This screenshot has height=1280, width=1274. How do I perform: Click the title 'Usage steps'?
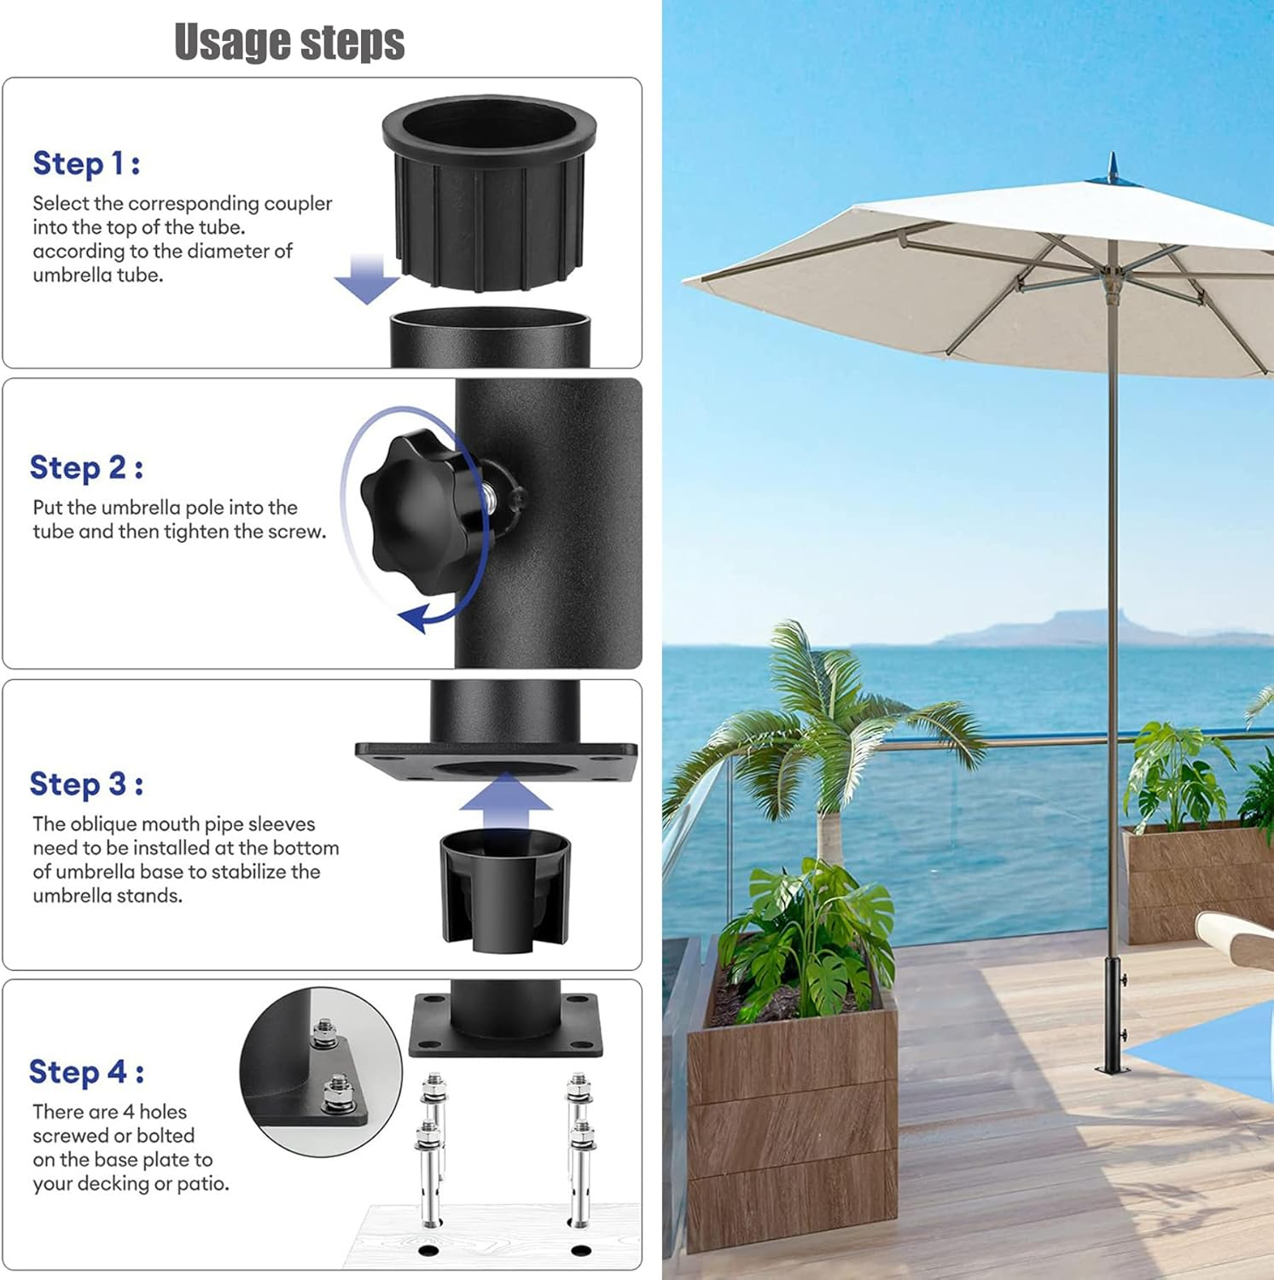click(289, 42)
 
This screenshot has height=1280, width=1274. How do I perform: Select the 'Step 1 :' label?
click(86, 163)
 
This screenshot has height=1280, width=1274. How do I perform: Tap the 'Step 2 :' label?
click(86, 468)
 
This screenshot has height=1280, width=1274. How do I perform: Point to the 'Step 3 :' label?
click(86, 783)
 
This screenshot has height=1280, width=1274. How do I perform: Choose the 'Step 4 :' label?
click(86, 1072)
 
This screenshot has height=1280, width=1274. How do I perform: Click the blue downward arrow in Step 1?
click(366, 278)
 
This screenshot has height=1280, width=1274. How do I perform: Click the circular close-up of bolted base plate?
click(320, 1071)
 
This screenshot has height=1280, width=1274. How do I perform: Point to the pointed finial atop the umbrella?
click(1112, 167)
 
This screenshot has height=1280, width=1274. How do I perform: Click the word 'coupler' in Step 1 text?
click(298, 203)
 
